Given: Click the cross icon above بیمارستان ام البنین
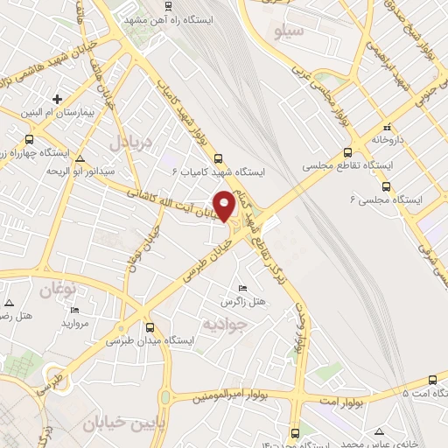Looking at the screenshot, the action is [x=58, y=99].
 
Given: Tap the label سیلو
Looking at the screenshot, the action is [x=288, y=33].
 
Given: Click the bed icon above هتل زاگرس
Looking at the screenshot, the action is [x=242, y=288].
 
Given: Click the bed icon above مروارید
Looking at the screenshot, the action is [x=74, y=311].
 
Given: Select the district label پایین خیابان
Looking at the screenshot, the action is [x=117, y=425].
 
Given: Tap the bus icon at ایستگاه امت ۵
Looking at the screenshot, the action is [x=433, y=378].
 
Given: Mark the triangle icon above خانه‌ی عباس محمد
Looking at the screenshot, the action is [x=378, y=430].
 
